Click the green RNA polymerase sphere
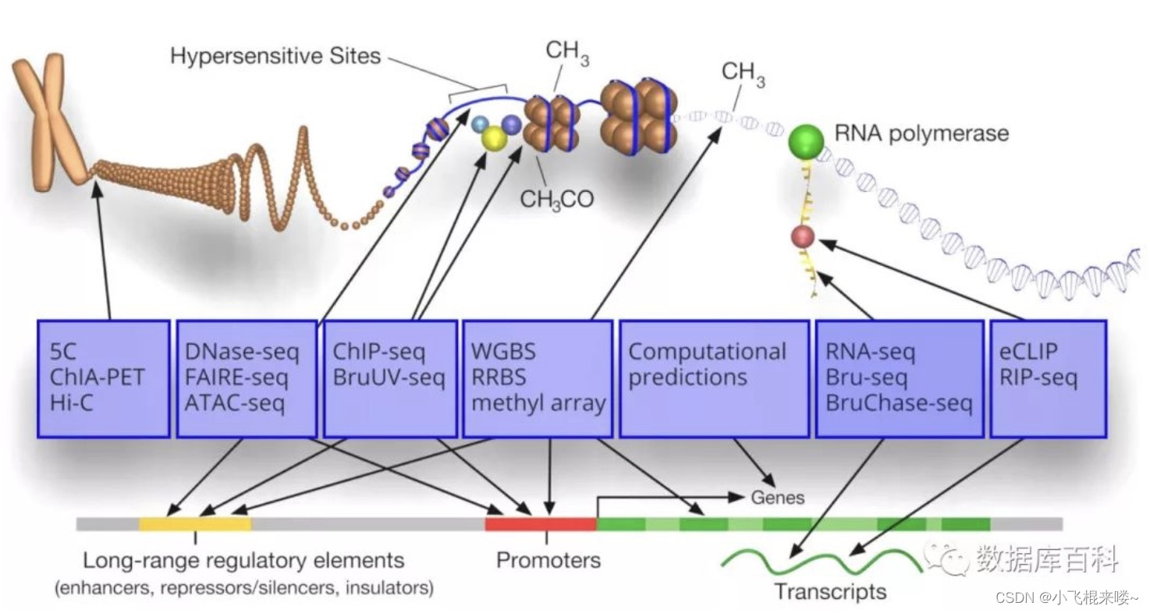tap(806, 142)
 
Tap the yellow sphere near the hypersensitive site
tap(494, 138)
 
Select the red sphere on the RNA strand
tap(803, 237)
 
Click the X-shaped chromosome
tap(49, 122)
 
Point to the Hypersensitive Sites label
tap(275, 56)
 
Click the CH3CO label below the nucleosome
tap(557, 199)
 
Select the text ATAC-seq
tap(235, 403)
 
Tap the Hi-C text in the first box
tap(71, 403)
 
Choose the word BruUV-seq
tap(389, 378)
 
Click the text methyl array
tap(538, 403)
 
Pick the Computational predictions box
tap(714, 379)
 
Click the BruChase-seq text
tap(899, 403)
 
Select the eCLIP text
tap(1028, 352)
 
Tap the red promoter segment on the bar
tap(541, 524)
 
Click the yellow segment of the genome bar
tap(195, 524)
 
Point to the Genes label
tap(777, 498)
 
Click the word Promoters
tap(548, 560)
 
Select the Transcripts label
tap(830, 592)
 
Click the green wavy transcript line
tap(822, 562)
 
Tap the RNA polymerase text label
tap(921, 133)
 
